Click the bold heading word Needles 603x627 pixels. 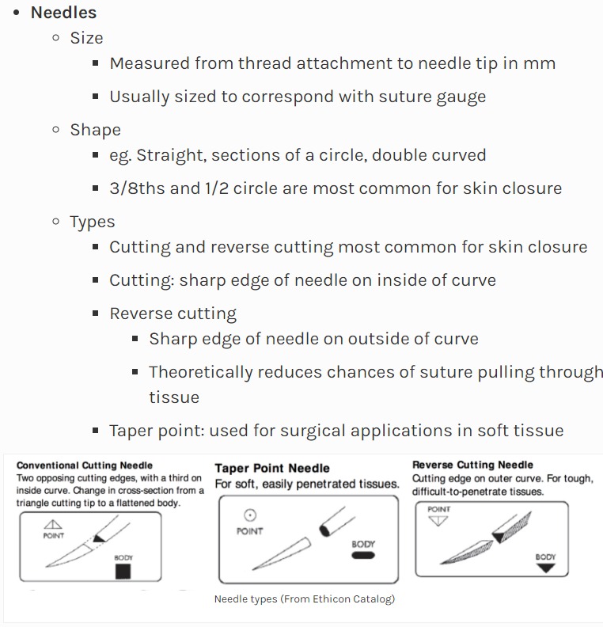pyautogui.click(x=63, y=13)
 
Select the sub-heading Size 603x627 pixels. pyautogui.click(x=86, y=38)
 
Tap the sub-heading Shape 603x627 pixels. pyautogui.click(x=95, y=130)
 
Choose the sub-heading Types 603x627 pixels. pyautogui.click(x=92, y=222)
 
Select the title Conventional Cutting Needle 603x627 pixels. pyautogui.click(x=85, y=465)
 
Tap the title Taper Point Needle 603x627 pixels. pyautogui.click(x=272, y=468)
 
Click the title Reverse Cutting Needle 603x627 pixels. pyautogui.click(x=472, y=465)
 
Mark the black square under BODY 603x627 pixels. pyautogui.click(x=123, y=571)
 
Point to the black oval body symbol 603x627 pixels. pyautogui.click(x=363, y=556)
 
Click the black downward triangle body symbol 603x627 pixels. pyautogui.click(x=545, y=568)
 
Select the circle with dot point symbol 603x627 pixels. pyautogui.click(x=249, y=515)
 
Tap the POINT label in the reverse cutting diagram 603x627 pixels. pyautogui.click(x=439, y=509)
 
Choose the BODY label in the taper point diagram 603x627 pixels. pyautogui.click(x=363, y=544)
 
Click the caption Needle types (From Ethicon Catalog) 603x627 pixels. pyautogui.click(x=304, y=599)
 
